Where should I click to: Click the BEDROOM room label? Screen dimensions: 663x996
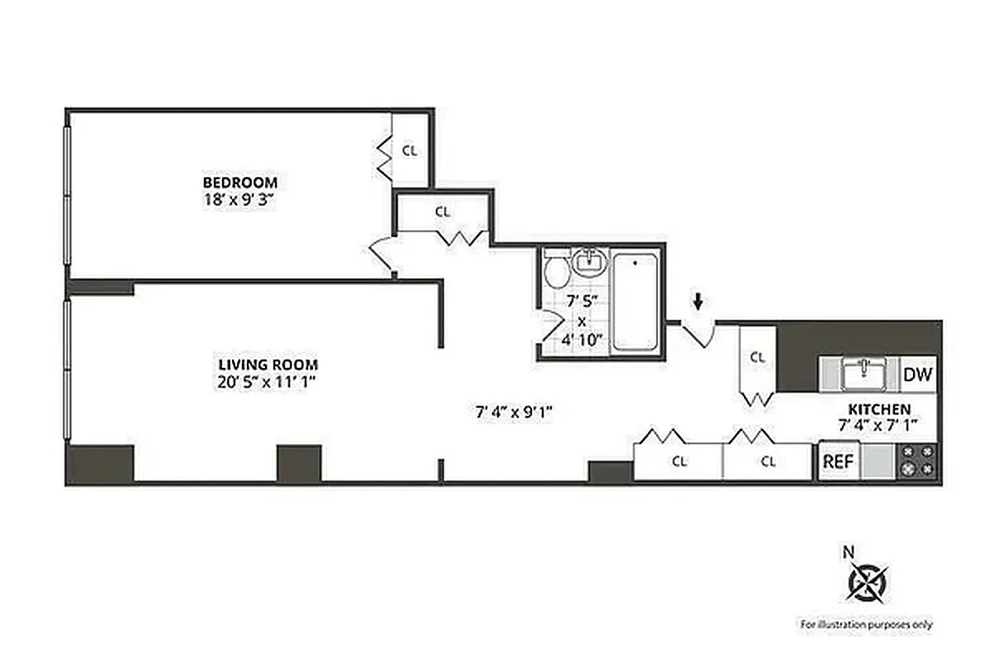240,181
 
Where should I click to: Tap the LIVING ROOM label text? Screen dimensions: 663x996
268,364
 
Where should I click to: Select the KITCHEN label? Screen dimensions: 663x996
879,409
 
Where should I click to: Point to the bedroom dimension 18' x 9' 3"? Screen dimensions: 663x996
240,198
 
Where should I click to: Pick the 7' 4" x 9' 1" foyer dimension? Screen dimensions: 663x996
515,410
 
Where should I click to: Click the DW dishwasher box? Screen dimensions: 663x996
917,375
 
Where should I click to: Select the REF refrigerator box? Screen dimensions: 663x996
838,462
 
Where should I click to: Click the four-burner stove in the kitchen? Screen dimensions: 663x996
918,461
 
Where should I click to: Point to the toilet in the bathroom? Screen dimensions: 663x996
555,269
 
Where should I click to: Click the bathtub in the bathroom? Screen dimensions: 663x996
636,302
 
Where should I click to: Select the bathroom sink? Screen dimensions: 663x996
590,262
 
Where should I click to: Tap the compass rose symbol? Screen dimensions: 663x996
867,582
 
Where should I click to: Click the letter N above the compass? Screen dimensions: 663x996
848,550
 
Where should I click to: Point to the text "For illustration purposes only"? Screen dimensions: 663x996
865,624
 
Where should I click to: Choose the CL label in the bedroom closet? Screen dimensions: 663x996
409,151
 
